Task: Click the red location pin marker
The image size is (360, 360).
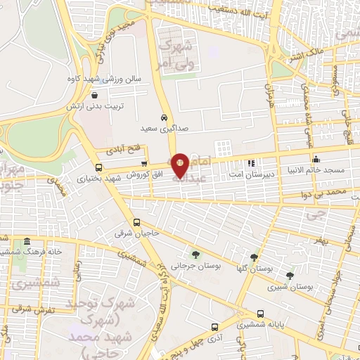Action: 180,165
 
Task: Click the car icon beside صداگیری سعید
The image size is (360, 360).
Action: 164,118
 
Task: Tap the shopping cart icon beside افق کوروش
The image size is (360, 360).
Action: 145,164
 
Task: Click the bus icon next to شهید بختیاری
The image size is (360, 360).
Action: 98,167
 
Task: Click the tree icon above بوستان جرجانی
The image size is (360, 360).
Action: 195,255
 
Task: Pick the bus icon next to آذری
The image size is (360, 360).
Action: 214,326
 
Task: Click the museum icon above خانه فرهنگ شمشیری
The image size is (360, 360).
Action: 27,241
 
